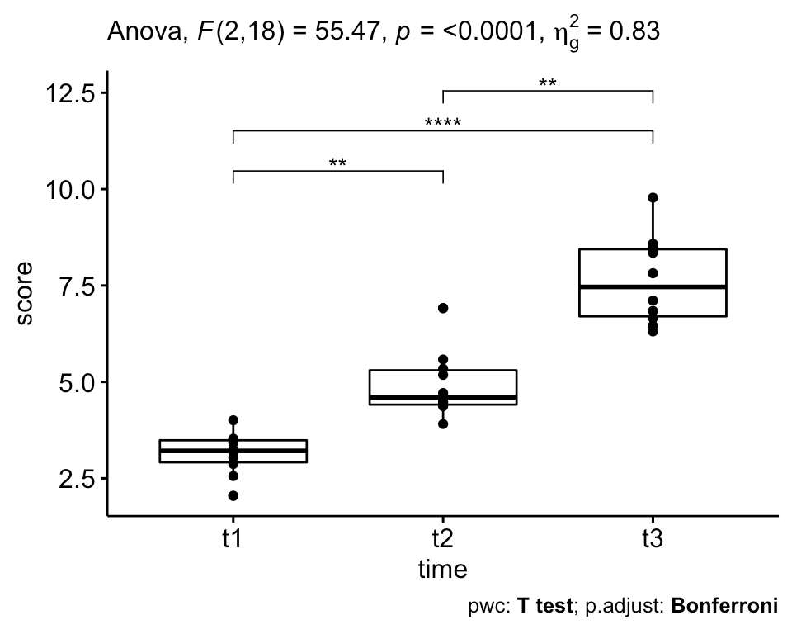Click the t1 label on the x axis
tap(233, 541)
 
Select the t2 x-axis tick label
tap(443, 541)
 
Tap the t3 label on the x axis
tap(653, 541)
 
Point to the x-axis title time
tap(443, 570)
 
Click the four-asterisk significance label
tap(443, 124)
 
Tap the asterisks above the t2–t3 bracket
tap(548, 83)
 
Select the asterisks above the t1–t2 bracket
tap(338, 163)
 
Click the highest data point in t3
tap(653, 197)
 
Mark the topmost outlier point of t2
tap(443, 308)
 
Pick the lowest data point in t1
tap(233, 495)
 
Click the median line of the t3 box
tap(653, 286)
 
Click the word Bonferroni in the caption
tap(725, 606)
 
